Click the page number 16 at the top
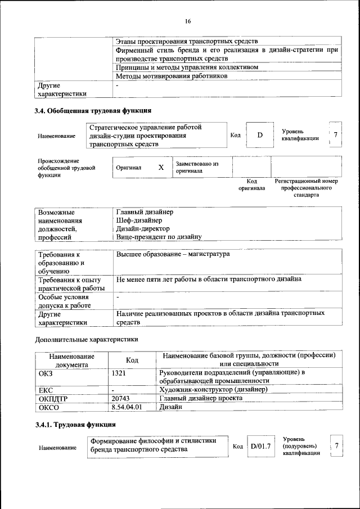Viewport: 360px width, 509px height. [188, 21]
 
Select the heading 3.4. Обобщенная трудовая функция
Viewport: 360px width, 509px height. [93, 110]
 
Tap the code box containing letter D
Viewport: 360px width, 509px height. [260, 136]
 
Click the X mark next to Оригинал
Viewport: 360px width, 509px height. [161, 168]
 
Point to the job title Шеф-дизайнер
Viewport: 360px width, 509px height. [138, 220]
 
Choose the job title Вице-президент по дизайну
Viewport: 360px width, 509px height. [159, 237]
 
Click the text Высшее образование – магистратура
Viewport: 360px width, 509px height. [173, 254]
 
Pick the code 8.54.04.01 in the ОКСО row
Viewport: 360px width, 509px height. [127, 406]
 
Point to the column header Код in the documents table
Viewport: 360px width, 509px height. [132, 360]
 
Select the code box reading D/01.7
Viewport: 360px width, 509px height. [261, 446]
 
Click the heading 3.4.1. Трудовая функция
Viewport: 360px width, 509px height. [75, 424]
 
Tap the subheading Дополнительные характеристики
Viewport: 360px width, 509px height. [86, 339]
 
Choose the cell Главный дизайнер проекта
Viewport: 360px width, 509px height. [201, 398]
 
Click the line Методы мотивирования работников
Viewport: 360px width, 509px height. [171, 76]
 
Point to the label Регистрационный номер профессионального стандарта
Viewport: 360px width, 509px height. [306, 188]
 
